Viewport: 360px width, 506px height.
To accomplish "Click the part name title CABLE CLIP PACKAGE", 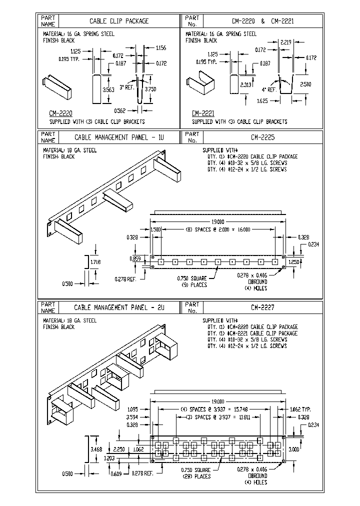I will (119, 21).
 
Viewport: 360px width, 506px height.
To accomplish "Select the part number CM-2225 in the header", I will (269, 136).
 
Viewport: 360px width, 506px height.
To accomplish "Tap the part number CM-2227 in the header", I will (269, 306).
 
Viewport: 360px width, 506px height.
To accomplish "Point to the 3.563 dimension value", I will (107, 89).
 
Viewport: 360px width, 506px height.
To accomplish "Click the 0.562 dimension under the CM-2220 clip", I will (120, 110).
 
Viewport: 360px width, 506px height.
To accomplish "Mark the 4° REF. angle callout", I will (269, 89).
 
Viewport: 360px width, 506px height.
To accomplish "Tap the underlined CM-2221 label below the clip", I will (203, 113).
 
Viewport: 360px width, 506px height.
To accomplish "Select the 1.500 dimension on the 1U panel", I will (156, 229).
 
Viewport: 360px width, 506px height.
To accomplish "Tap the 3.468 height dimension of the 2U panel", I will (96, 449).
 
